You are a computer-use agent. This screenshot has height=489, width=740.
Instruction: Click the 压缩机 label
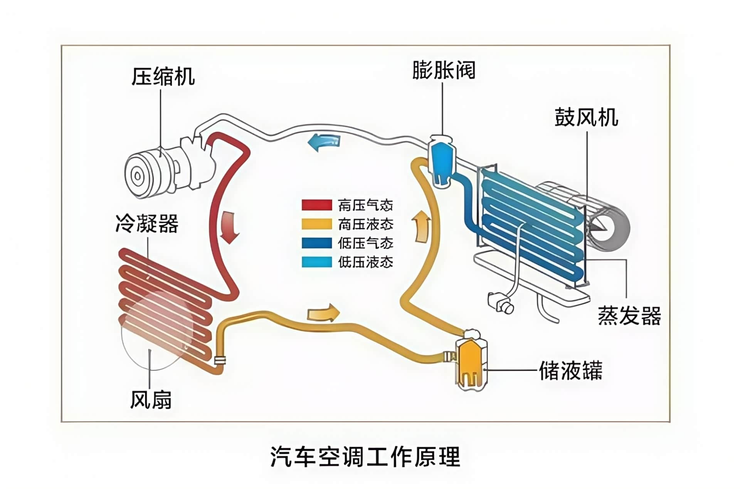point(163,76)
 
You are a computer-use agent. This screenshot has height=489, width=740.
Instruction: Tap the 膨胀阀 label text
point(444,70)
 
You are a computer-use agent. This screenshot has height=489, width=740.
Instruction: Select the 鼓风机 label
point(586,117)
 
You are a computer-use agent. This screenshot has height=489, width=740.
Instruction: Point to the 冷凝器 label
point(147,223)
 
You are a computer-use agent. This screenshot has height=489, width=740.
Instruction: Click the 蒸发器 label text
point(629,315)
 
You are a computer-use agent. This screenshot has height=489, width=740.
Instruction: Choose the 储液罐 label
point(570,370)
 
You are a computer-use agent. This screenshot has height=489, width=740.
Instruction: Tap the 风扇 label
point(151,400)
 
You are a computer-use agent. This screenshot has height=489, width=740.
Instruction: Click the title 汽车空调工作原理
point(365,457)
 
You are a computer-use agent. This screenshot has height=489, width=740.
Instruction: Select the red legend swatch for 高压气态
point(316,205)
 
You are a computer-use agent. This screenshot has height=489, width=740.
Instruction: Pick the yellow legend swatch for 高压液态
point(316,224)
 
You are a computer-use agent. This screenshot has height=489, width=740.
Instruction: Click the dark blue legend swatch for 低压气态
point(316,243)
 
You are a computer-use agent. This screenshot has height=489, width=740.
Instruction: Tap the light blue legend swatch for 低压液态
point(316,262)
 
